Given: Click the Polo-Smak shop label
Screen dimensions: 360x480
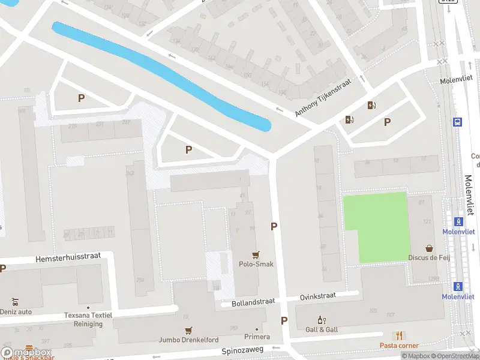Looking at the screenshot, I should (x=256, y=264).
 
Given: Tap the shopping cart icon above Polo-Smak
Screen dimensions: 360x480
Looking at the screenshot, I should (x=257, y=254).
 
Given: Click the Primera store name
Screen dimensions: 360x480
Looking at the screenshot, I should (x=257, y=337).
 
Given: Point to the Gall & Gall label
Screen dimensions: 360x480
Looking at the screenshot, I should (x=322, y=329).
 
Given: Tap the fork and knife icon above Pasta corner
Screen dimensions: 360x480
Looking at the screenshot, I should (x=398, y=336).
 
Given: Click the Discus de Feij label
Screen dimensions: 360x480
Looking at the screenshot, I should (x=430, y=258).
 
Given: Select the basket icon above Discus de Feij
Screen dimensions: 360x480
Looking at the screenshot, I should (x=430, y=248).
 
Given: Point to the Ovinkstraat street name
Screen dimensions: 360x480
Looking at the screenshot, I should (x=319, y=296).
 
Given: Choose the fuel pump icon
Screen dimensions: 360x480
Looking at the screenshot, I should (x=371, y=106).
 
